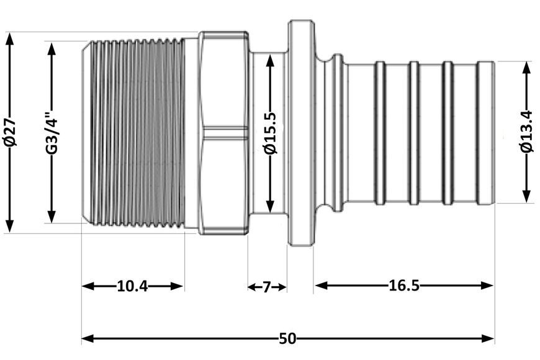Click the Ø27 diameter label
tap(10, 132)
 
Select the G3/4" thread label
tap(52, 133)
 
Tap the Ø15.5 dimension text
tap(271, 133)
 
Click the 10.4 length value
tap(132, 286)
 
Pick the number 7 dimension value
tap(266, 287)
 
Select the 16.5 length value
tap(404, 286)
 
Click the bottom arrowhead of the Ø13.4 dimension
tap(526, 196)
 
